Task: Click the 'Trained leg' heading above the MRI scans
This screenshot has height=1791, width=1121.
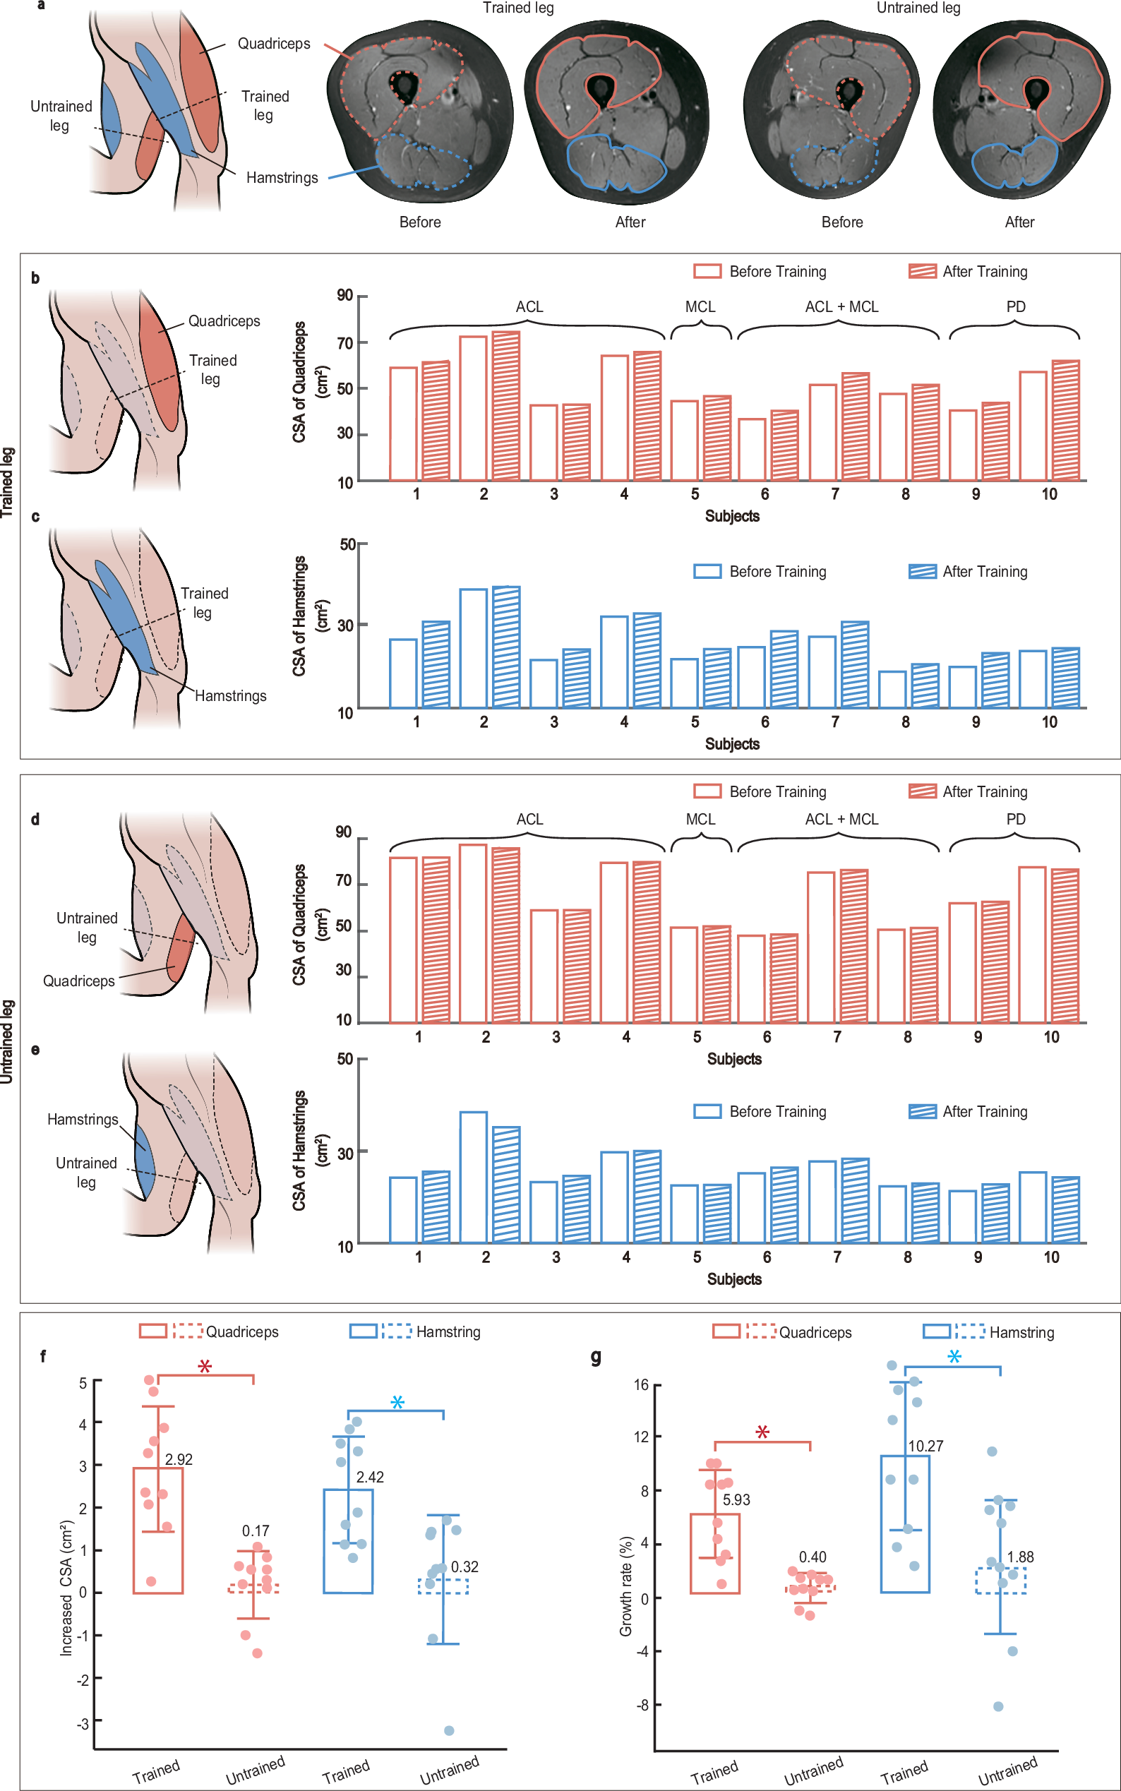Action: [517, 8]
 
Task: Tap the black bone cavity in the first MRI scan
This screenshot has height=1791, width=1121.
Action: [404, 88]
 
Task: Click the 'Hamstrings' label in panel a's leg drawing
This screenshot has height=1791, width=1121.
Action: [282, 178]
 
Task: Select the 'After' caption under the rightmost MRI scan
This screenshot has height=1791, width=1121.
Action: [1019, 222]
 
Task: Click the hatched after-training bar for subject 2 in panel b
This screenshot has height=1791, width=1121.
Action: [505, 406]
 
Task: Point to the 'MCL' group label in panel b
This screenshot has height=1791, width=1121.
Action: [700, 307]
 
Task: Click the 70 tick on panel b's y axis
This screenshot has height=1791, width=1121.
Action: [344, 343]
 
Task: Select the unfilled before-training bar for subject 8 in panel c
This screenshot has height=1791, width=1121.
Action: [892, 690]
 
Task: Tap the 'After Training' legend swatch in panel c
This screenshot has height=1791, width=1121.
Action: [923, 572]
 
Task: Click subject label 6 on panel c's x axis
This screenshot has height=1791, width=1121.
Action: [765, 722]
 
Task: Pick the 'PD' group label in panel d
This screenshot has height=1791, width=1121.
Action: [1016, 820]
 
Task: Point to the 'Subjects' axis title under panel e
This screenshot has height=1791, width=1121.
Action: [734, 1279]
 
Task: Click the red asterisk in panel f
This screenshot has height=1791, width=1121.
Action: [205, 1366]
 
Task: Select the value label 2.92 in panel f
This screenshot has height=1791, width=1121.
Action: [179, 1460]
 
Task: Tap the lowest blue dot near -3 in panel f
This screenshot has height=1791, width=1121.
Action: [449, 1731]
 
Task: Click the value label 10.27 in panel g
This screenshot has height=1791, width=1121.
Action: [926, 1446]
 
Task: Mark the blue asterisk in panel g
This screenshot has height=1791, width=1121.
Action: [955, 1357]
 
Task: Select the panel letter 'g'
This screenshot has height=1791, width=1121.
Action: [595, 1357]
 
